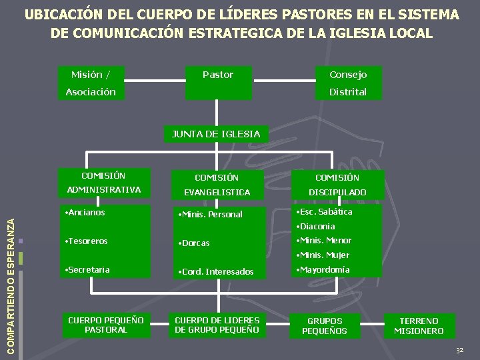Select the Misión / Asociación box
(x=91, y=83)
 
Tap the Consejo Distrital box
(x=348, y=83)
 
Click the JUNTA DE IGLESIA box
(x=216, y=134)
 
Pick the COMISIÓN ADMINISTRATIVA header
(x=103, y=183)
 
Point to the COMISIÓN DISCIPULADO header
(x=337, y=185)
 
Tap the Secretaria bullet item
(x=87, y=269)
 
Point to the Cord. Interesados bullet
(x=214, y=271)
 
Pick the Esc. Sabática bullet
(x=326, y=212)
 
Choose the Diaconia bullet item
(x=317, y=227)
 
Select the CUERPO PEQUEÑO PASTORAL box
(x=106, y=325)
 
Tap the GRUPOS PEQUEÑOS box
(x=325, y=326)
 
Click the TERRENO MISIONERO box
(x=419, y=326)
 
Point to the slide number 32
(x=459, y=351)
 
